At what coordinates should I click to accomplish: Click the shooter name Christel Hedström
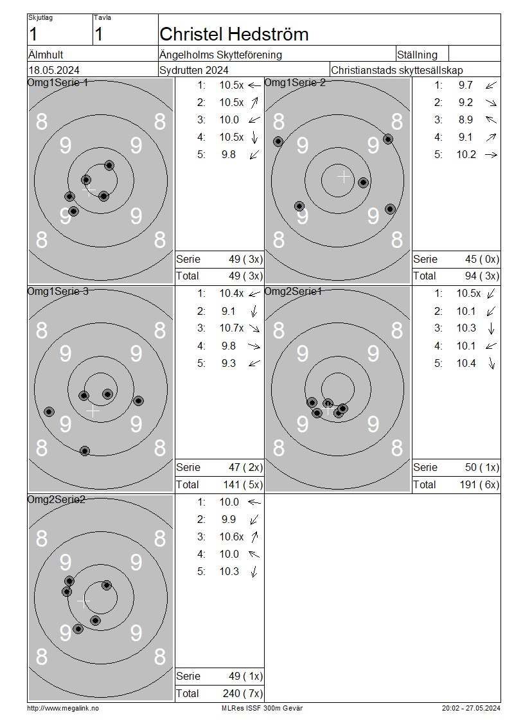234,34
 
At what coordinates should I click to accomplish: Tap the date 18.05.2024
54,71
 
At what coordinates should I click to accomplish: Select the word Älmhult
46,54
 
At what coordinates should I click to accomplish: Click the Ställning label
417,55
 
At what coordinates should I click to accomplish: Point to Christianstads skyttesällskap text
397,71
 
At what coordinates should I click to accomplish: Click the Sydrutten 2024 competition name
193,71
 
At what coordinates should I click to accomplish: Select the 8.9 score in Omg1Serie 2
466,120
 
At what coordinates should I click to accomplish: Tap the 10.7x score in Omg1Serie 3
231,328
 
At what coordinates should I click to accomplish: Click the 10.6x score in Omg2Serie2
231,536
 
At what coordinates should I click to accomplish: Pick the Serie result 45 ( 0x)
482,260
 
